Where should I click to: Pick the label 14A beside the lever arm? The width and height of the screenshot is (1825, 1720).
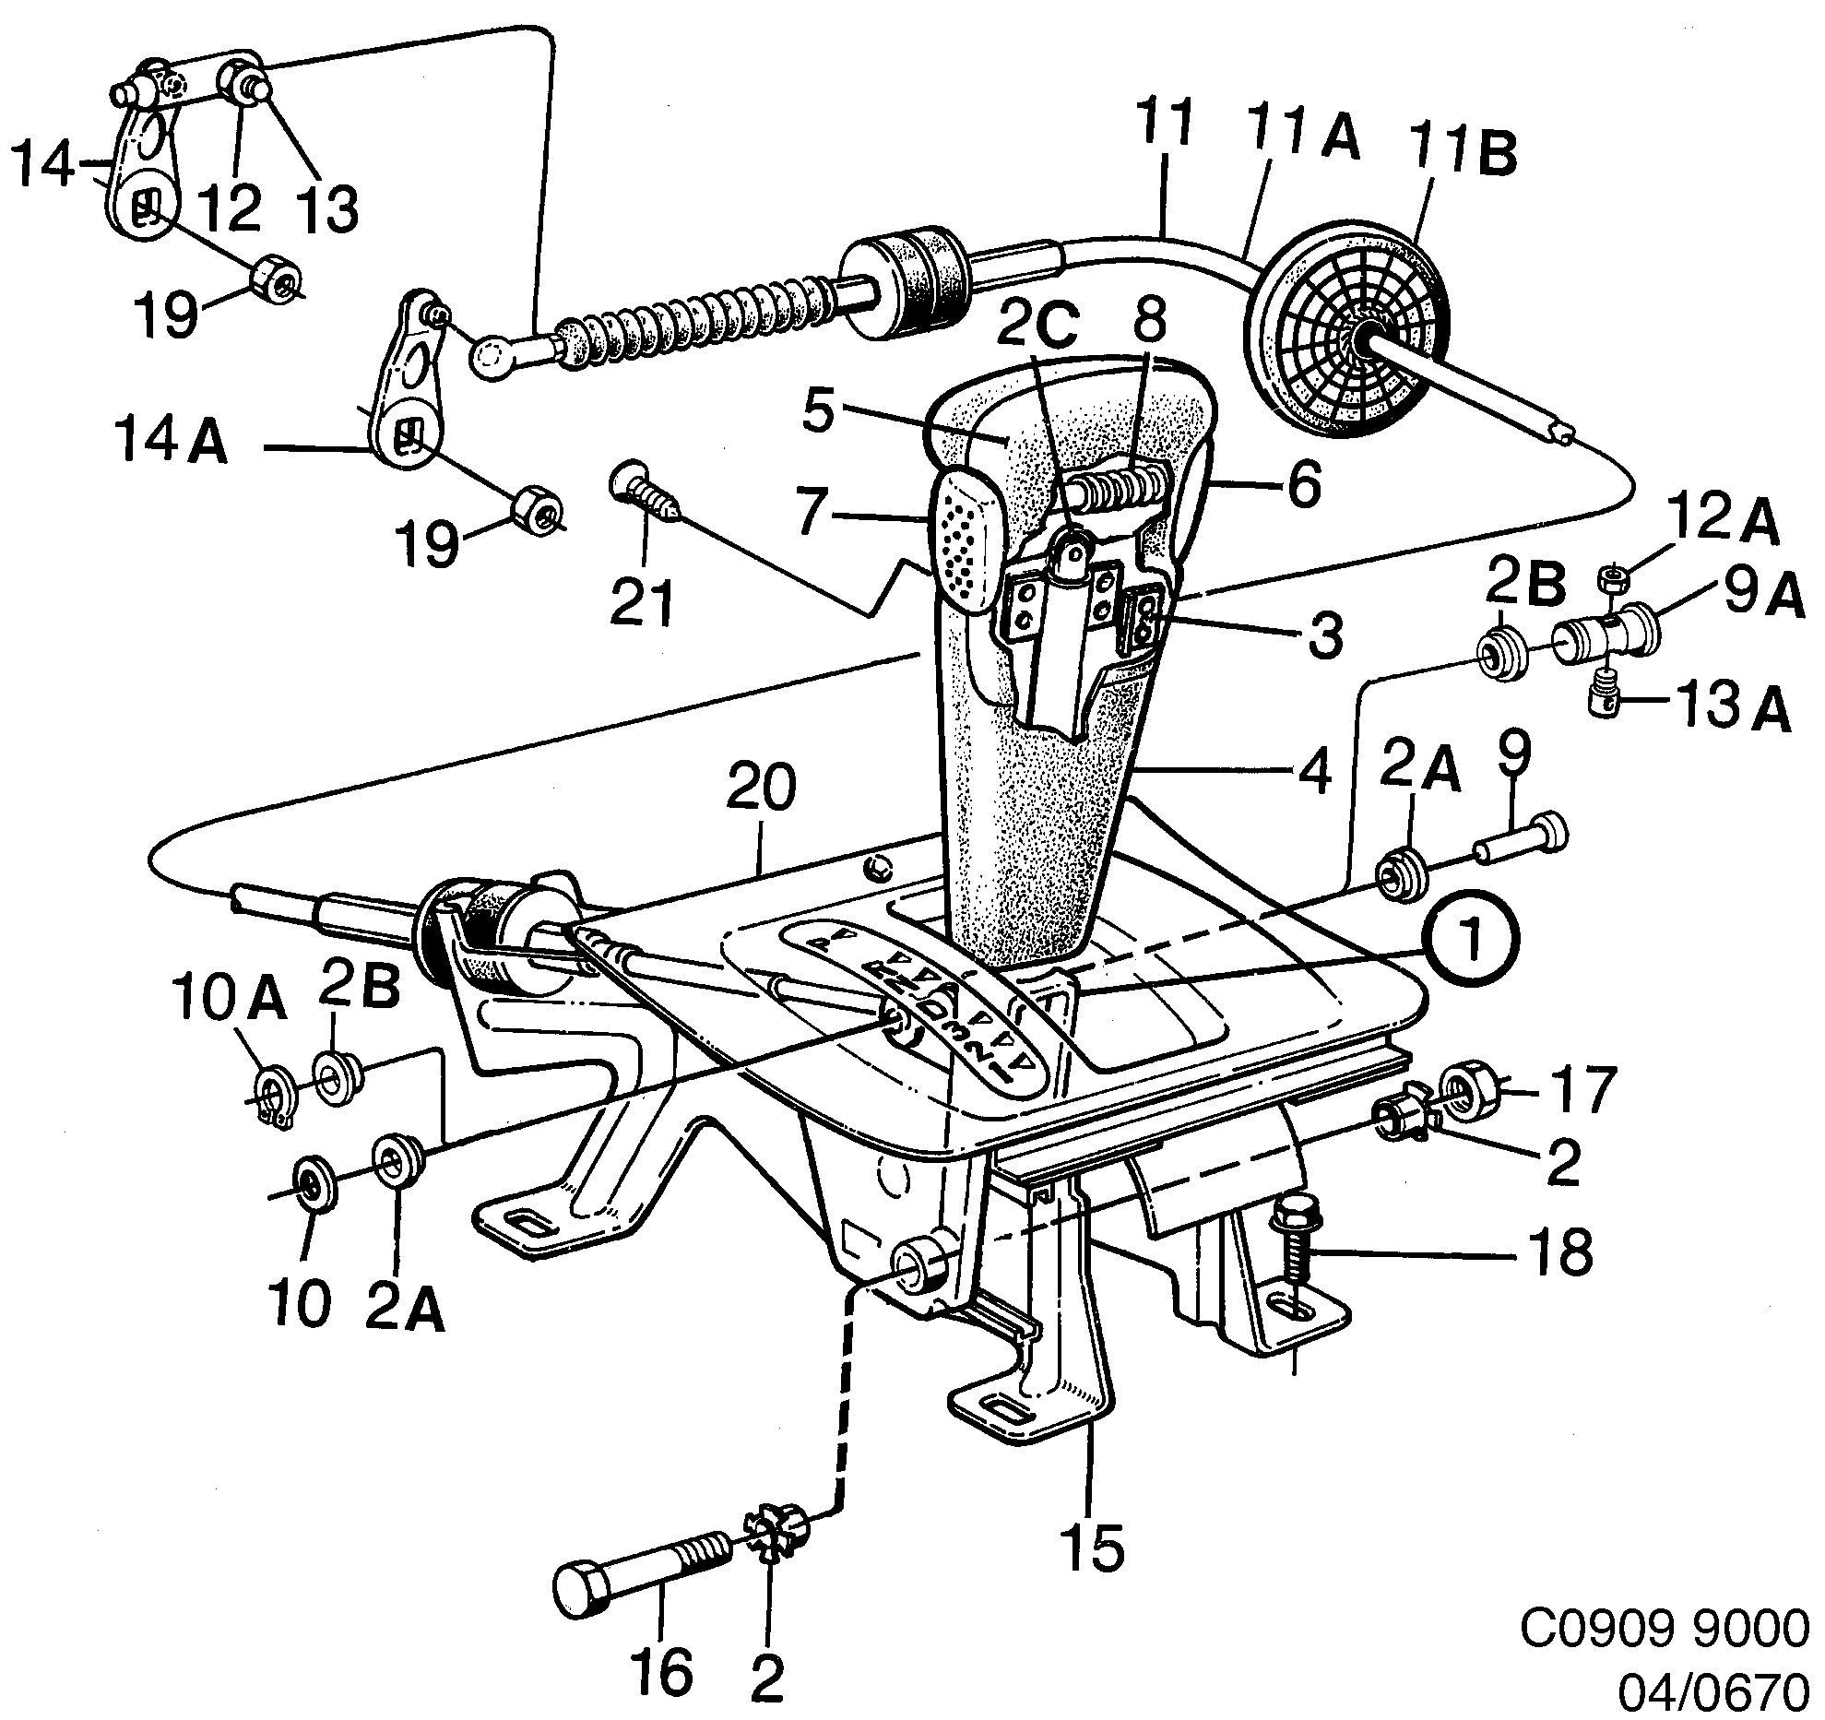click(x=172, y=445)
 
